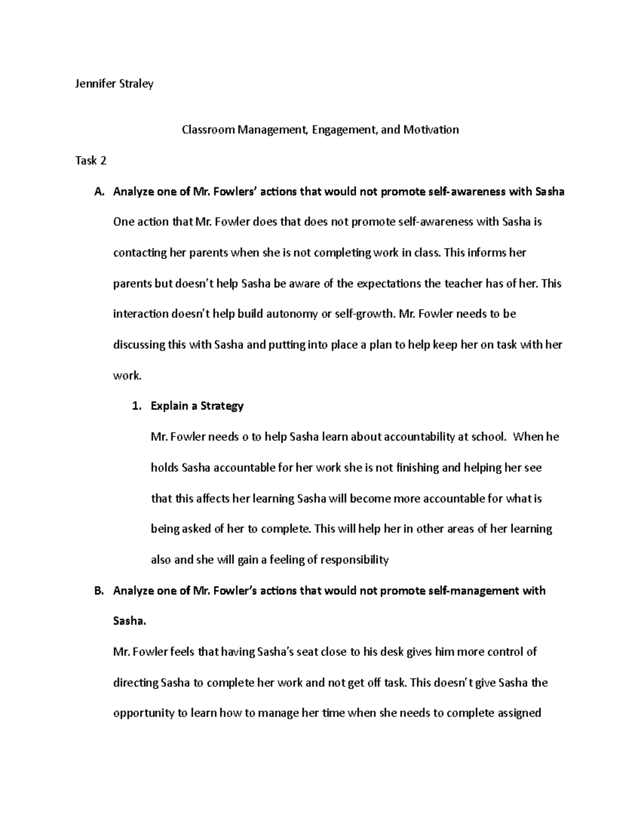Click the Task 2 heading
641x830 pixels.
pyautogui.click(x=91, y=160)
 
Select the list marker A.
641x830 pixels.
pyautogui.click(x=99, y=191)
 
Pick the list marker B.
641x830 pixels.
pyautogui.click(x=99, y=591)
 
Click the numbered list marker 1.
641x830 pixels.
pyautogui.click(x=136, y=406)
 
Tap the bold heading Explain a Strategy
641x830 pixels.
pyautogui.click(x=197, y=406)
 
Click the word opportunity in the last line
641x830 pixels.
pyautogui.click(x=143, y=713)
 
